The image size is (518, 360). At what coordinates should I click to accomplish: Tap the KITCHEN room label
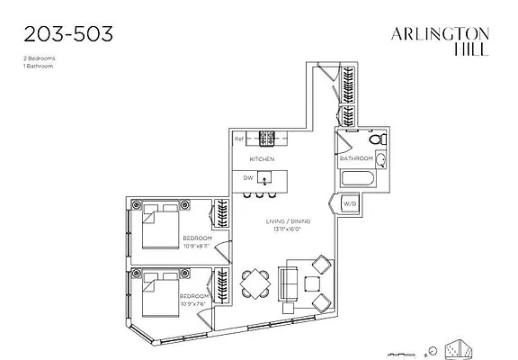[x=262, y=158]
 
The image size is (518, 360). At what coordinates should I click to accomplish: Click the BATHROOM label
[x=355, y=158]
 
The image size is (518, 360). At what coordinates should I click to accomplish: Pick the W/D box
[x=349, y=204]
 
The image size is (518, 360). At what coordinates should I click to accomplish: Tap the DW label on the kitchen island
[x=248, y=177]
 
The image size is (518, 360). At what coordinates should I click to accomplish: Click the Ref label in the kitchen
[x=239, y=139]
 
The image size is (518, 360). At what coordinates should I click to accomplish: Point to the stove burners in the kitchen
[x=266, y=139]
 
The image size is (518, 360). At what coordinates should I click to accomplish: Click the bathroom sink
[x=380, y=160]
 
